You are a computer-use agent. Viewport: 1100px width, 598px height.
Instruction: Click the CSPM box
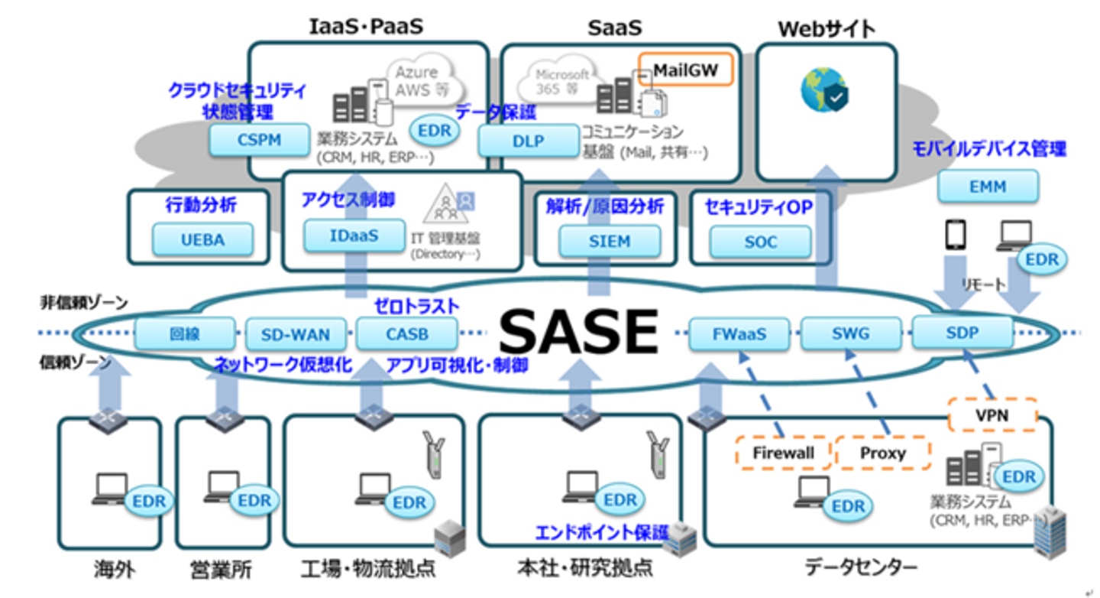[260, 140]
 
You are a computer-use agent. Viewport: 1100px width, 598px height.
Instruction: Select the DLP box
[528, 141]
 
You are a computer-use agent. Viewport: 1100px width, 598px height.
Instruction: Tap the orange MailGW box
[685, 70]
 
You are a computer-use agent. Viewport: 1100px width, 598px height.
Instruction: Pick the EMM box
[987, 186]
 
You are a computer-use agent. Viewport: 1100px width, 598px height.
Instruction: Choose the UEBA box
[202, 239]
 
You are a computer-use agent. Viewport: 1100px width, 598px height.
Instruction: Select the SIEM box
[610, 242]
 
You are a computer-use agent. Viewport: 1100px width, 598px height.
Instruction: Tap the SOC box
[760, 242]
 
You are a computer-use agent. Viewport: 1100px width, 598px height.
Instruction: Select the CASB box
[406, 334]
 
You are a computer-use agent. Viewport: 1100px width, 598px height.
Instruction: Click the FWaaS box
[739, 334]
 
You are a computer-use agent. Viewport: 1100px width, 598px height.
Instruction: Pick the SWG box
[850, 334]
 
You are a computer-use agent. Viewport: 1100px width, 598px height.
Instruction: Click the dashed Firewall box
[783, 453]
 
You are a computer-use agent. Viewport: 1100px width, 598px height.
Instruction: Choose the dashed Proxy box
[883, 453]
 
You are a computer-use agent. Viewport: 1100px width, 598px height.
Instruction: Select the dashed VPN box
[992, 415]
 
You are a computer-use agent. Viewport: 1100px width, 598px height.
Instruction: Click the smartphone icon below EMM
[956, 236]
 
